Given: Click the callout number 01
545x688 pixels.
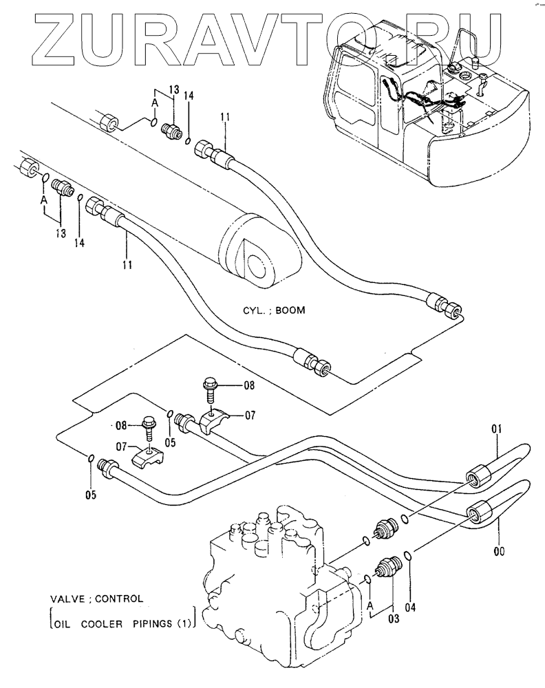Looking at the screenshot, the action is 496,428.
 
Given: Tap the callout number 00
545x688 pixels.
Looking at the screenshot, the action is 500,550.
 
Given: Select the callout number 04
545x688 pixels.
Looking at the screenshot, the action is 411,608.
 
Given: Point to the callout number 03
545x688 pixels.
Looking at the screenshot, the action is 394,619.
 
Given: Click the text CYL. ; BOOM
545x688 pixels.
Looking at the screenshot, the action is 275,310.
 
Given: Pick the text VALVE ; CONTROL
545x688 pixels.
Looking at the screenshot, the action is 96,599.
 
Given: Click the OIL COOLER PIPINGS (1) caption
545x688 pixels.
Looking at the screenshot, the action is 122,623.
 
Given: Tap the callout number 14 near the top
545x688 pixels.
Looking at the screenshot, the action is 189,96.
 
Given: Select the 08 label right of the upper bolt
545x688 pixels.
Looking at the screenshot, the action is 249,386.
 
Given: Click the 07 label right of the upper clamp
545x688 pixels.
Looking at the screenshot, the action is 250,415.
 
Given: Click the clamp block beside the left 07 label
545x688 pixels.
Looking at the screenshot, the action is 147,456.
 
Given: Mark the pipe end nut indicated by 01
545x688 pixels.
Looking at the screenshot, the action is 477,477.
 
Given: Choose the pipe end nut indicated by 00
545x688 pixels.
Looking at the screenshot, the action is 477,512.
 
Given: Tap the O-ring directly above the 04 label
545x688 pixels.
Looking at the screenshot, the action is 407,555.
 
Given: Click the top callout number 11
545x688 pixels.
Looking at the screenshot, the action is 225,117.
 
